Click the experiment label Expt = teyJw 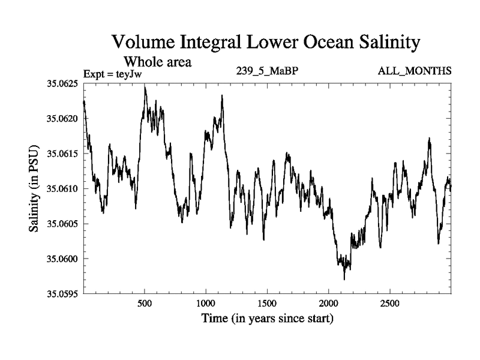coord(115,74)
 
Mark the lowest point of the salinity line coord(344,279)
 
